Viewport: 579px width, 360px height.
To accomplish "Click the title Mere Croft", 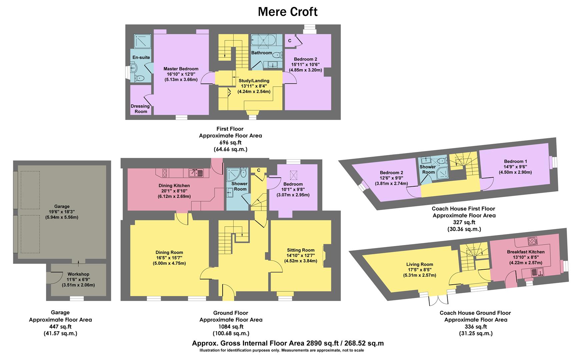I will point(288,12).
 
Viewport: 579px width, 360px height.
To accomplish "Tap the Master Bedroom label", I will point(181,69).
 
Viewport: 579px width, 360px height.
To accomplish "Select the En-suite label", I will point(141,57).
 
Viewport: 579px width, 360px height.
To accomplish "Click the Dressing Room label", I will point(140,109).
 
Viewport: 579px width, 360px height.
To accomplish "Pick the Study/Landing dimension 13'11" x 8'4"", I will point(254,86).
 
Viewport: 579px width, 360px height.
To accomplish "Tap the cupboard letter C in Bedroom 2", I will point(290,41).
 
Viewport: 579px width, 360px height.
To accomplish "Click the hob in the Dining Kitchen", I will point(164,173).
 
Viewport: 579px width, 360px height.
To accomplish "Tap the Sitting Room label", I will point(301,250).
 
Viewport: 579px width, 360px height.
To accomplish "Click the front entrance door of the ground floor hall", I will point(228,294).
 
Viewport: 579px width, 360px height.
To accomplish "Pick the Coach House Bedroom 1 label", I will point(515,161).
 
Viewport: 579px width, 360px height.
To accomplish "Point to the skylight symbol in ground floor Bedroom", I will point(294,175).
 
